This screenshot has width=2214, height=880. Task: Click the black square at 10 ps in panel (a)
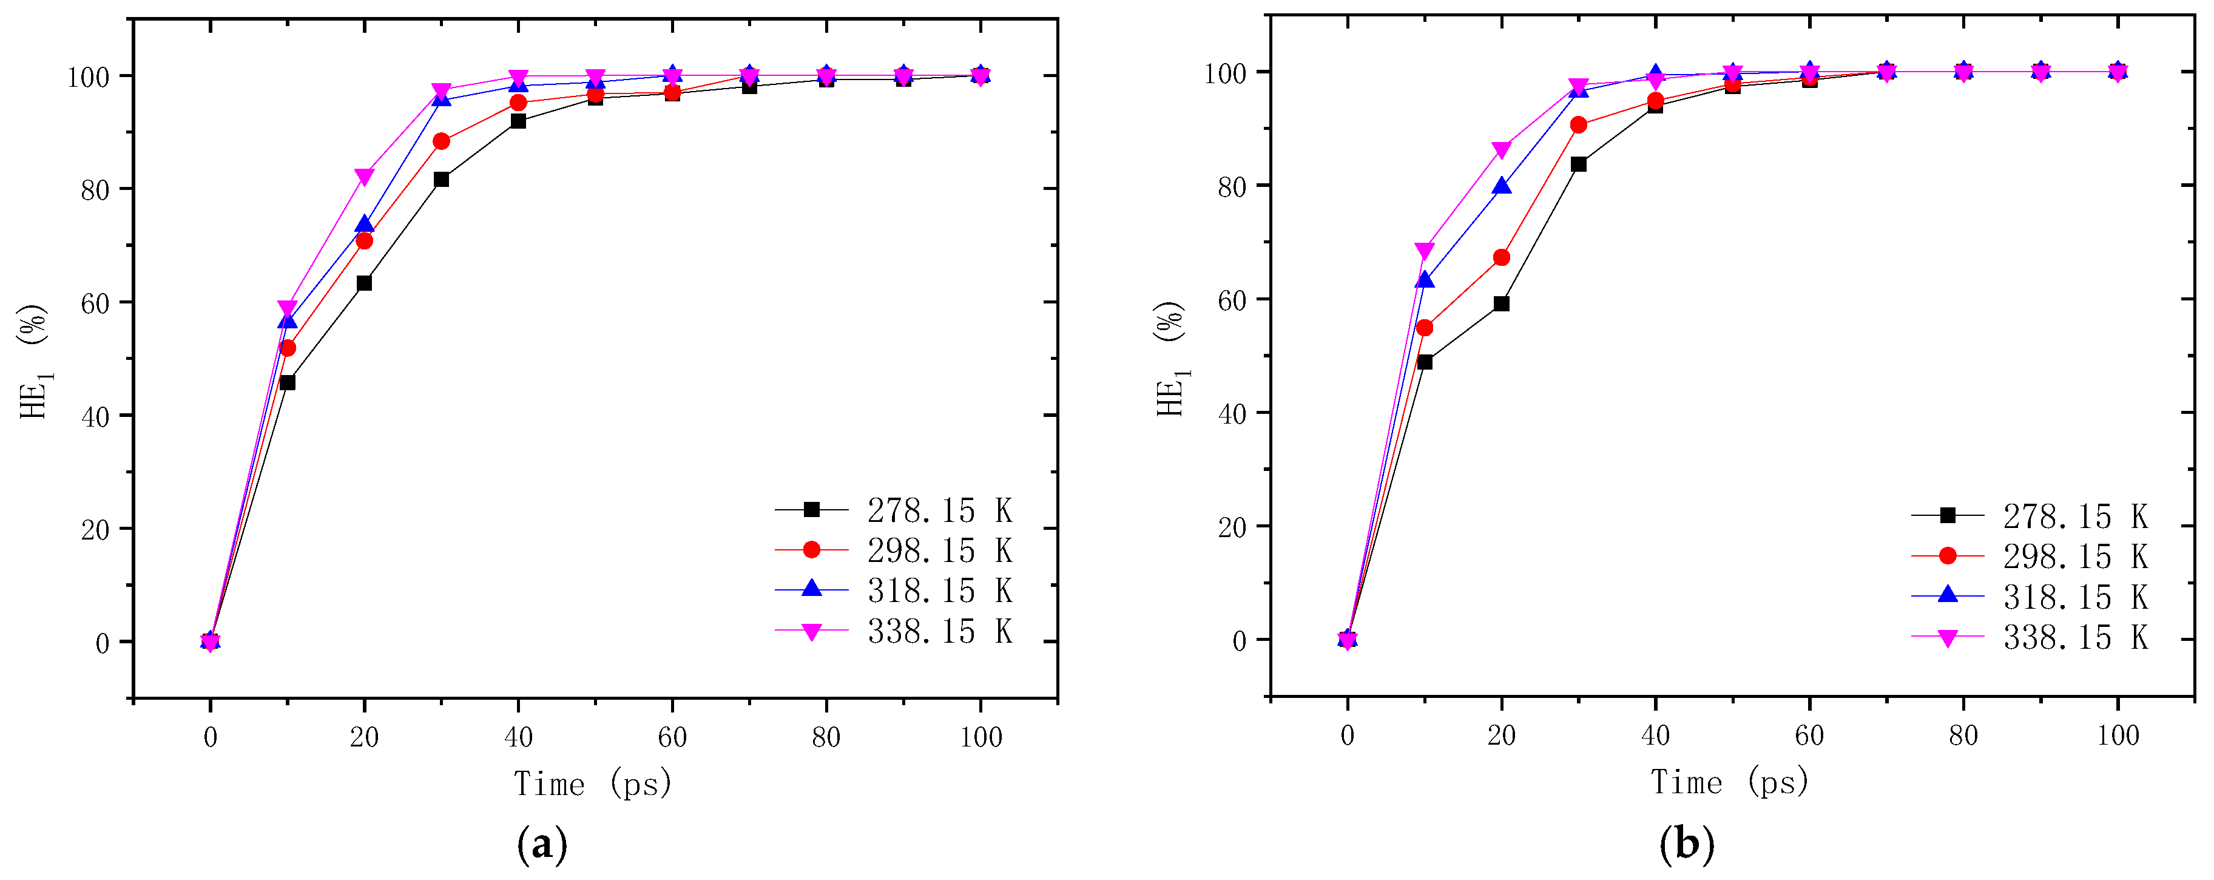287,382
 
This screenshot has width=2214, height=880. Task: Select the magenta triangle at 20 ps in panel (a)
365,176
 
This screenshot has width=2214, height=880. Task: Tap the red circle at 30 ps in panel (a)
441,141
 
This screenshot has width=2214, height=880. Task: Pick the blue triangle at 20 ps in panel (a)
365,225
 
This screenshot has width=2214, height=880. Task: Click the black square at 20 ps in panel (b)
1502,303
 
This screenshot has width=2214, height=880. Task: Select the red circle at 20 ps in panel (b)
1502,257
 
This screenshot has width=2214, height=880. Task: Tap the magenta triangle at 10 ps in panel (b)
1424,250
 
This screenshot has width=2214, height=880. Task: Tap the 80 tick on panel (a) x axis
826,737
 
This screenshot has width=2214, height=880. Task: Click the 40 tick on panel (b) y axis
1232,413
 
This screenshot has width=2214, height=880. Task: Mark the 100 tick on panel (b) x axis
2118,736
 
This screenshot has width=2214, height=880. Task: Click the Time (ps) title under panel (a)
593,784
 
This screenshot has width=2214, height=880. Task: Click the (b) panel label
1686,844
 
